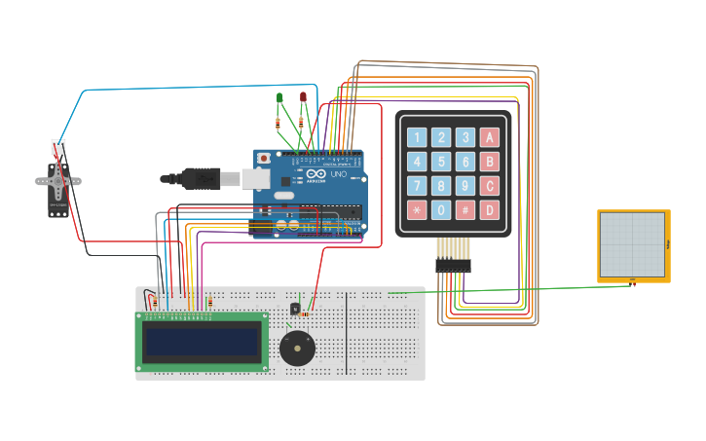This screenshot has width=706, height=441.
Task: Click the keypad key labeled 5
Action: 441,162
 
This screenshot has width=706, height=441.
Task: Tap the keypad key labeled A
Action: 490,137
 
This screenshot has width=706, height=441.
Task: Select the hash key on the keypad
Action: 465,209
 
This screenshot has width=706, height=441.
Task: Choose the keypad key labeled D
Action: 490,209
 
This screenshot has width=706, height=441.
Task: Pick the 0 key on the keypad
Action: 441,209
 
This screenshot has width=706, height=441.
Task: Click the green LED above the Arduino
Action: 279,98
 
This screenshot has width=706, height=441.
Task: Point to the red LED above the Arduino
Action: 303,96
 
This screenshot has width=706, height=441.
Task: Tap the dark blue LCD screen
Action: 202,341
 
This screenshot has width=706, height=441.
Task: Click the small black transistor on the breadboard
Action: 295,309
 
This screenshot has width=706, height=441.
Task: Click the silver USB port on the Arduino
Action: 255,178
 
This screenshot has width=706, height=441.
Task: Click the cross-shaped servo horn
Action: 57,181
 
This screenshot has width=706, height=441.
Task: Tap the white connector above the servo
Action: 58,147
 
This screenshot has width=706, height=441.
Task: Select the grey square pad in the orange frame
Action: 632,245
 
